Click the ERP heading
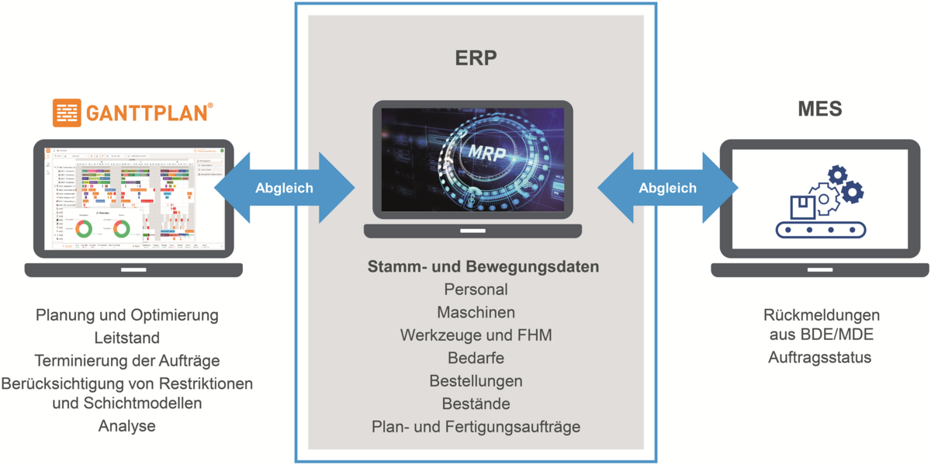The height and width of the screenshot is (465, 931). (476, 59)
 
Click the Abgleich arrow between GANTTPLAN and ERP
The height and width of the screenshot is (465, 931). (284, 188)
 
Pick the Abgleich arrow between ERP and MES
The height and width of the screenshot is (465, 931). (667, 188)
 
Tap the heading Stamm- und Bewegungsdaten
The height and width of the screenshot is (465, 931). (483, 267)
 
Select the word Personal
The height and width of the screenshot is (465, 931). (476, 290)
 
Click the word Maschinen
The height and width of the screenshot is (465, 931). (476, 313)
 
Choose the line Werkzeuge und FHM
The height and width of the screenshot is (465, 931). (476, 336)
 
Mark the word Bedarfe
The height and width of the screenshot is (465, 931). (476, 359)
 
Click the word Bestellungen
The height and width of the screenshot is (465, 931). (476, 381)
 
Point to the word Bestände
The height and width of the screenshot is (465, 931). (476, 404)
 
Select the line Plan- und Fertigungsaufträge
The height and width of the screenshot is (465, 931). (476, 427)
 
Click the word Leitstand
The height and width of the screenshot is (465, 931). (126, 338)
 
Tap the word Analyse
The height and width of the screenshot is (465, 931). (126, 426)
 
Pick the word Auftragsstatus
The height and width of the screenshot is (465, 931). (819, 358)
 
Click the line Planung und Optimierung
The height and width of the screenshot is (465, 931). (126, 315)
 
